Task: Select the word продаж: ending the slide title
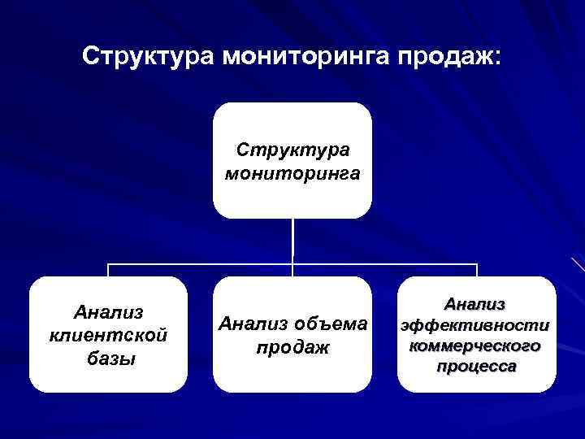point(451,57)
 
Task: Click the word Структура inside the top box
point(292,150)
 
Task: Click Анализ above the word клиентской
point(108,313)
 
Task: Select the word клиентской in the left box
point(108,335)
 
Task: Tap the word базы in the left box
point(108,358)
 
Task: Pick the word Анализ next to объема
point(252,324)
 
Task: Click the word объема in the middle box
point(332,324)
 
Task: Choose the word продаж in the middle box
point(292,347)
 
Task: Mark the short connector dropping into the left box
point(109,271)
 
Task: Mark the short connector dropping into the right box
point(477,271)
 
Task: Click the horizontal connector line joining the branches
point(203,264)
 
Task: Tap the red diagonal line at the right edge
point(578,263)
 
